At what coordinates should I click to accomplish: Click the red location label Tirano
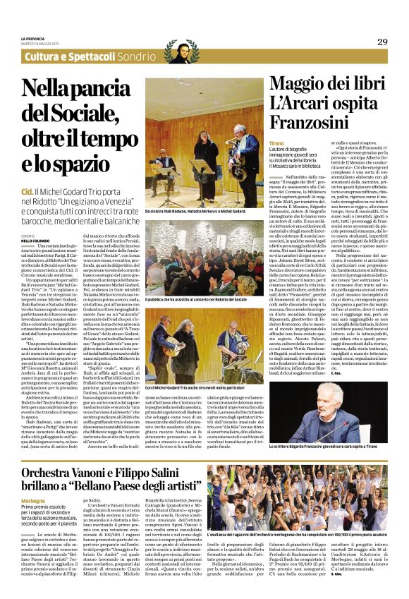coord(276,143)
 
